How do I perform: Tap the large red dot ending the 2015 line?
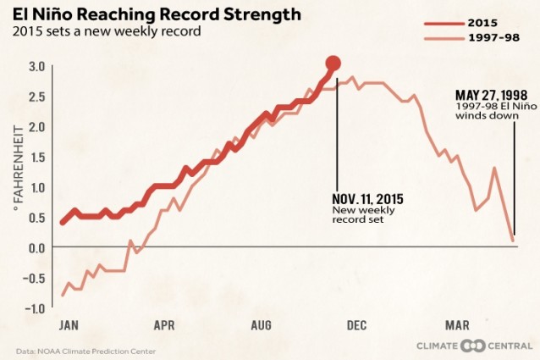[333, 63]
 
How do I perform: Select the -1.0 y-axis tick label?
[35, 308]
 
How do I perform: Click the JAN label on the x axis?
[69, 325]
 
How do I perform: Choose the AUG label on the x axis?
[262, 325]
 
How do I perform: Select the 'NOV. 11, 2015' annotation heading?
[367, 199]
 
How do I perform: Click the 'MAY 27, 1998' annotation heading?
[491, 96]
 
